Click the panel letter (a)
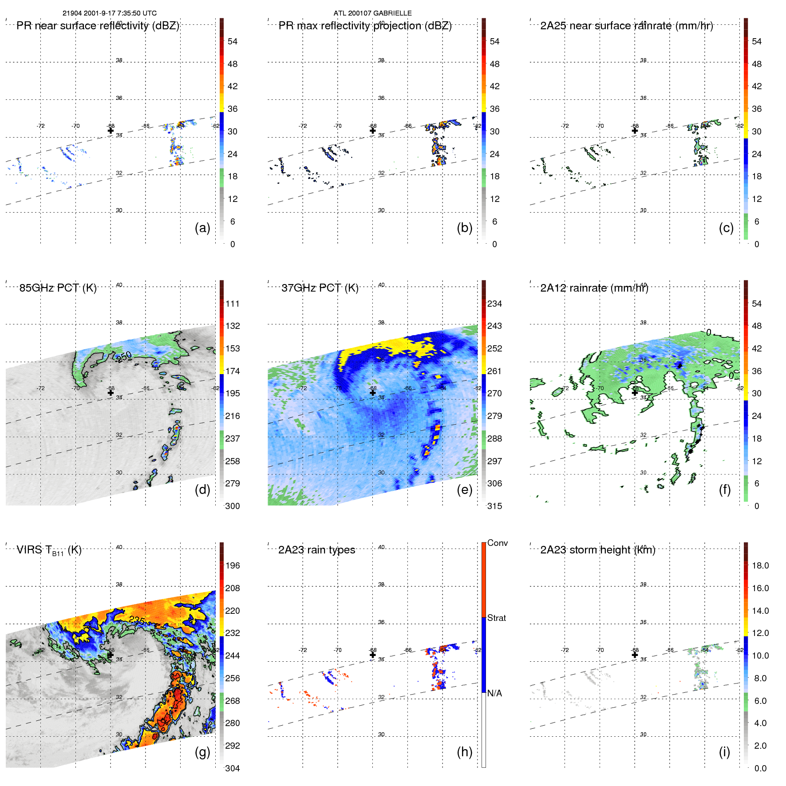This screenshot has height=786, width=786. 202,228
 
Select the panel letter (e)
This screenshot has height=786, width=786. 464,490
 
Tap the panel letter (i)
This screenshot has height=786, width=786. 724,752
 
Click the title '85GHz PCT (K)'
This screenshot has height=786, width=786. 58,288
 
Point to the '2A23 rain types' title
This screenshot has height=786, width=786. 316,550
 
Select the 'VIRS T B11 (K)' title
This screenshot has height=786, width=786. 49,550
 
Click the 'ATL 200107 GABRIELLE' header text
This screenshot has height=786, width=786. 372,13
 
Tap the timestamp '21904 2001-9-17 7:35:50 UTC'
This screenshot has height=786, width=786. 110,13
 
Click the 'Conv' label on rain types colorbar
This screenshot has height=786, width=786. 497,543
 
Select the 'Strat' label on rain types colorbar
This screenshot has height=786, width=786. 496,618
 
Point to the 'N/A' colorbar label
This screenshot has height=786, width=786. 494,693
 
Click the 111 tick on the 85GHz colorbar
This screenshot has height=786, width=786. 233,304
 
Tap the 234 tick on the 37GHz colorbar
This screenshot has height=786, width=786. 494,304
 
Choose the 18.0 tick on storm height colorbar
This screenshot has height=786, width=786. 760,565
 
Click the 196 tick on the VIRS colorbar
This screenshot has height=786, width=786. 233,565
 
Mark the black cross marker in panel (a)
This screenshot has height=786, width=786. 111,130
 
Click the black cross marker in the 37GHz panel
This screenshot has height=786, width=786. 373,392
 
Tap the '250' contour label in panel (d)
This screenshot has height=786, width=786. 124,356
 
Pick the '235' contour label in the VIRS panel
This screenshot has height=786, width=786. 137,620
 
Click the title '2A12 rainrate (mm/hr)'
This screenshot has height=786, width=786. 594,288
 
